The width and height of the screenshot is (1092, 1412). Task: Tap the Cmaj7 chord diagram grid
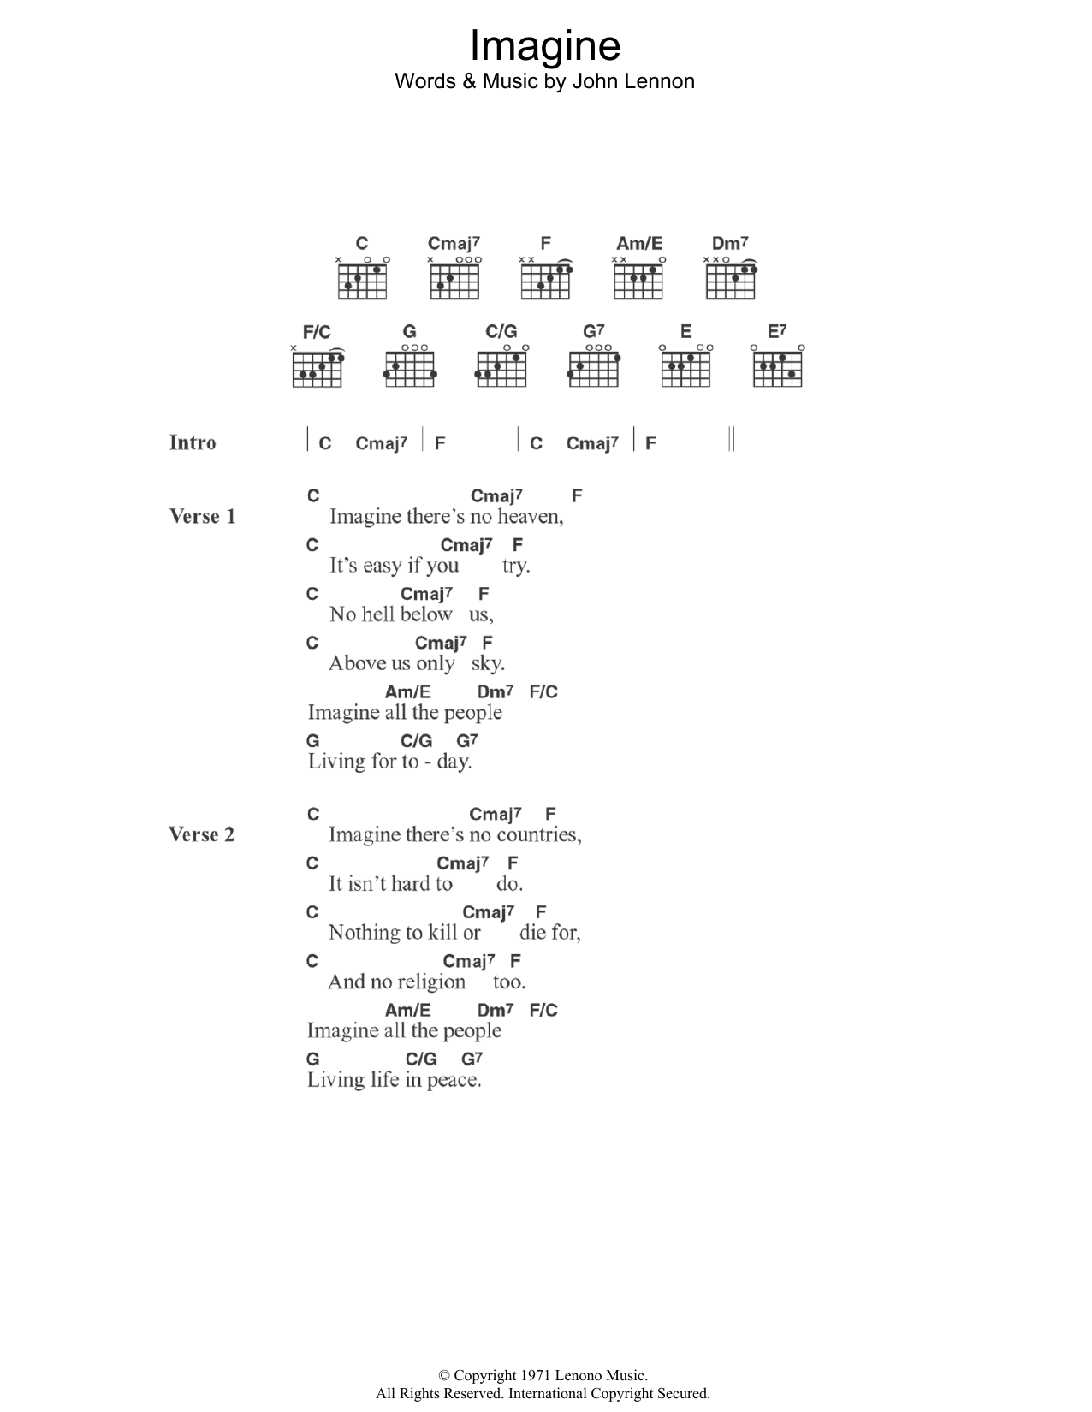454,281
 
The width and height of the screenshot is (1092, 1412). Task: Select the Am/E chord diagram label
639,244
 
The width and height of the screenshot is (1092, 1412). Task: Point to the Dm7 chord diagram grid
731,281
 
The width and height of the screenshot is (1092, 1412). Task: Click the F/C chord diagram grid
318,369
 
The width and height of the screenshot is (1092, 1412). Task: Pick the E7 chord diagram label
776,331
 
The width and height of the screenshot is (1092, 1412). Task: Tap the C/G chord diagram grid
501,369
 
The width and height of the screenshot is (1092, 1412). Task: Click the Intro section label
193,442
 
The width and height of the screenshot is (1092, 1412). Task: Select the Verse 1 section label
202,516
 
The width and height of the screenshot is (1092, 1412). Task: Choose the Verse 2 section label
201,834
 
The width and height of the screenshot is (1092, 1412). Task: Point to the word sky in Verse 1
488,664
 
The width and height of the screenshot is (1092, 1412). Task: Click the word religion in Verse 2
431,982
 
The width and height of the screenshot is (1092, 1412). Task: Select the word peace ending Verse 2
455,1081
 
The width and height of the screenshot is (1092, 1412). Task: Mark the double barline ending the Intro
732,439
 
